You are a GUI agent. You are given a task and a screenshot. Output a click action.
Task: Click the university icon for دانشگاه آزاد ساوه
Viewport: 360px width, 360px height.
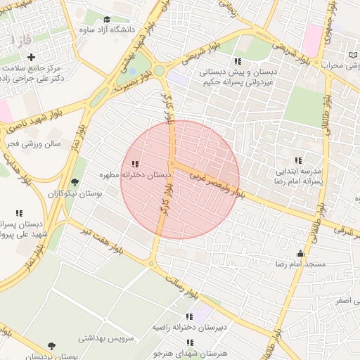pos(107,19)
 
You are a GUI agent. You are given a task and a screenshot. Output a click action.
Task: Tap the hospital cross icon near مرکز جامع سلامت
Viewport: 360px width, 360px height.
pos(31,56)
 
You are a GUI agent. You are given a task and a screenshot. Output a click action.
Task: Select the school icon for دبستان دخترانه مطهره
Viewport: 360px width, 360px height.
pos(135,164)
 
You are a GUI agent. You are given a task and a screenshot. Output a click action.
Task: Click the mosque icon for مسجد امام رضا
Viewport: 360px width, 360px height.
pos(301,254)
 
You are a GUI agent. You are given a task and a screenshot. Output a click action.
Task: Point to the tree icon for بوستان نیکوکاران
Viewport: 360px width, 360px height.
pos(75,183)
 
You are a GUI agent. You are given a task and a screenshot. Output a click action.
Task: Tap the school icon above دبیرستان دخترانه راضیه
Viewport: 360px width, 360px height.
pos(188,317)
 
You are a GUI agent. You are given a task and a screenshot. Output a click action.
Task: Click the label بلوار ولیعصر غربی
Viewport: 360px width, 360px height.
pos(214,178)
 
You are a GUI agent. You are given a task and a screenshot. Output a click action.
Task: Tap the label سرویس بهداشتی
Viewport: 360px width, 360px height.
pos(103,337)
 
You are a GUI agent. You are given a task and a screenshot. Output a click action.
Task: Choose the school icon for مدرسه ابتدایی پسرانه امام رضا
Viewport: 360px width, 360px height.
pos(298,160)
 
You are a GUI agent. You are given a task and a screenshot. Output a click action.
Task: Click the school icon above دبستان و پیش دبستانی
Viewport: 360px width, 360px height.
pos(238,61)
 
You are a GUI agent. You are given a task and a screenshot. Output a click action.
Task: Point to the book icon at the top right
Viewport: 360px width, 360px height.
pos(353,55)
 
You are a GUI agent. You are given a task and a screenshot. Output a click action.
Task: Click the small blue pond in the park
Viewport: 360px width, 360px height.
pos(131,70)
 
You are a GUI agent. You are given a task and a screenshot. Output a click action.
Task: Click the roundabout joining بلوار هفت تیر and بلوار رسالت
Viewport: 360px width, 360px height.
pos(150,264)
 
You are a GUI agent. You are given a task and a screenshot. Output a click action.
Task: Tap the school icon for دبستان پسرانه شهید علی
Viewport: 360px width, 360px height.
pos(19,213)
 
